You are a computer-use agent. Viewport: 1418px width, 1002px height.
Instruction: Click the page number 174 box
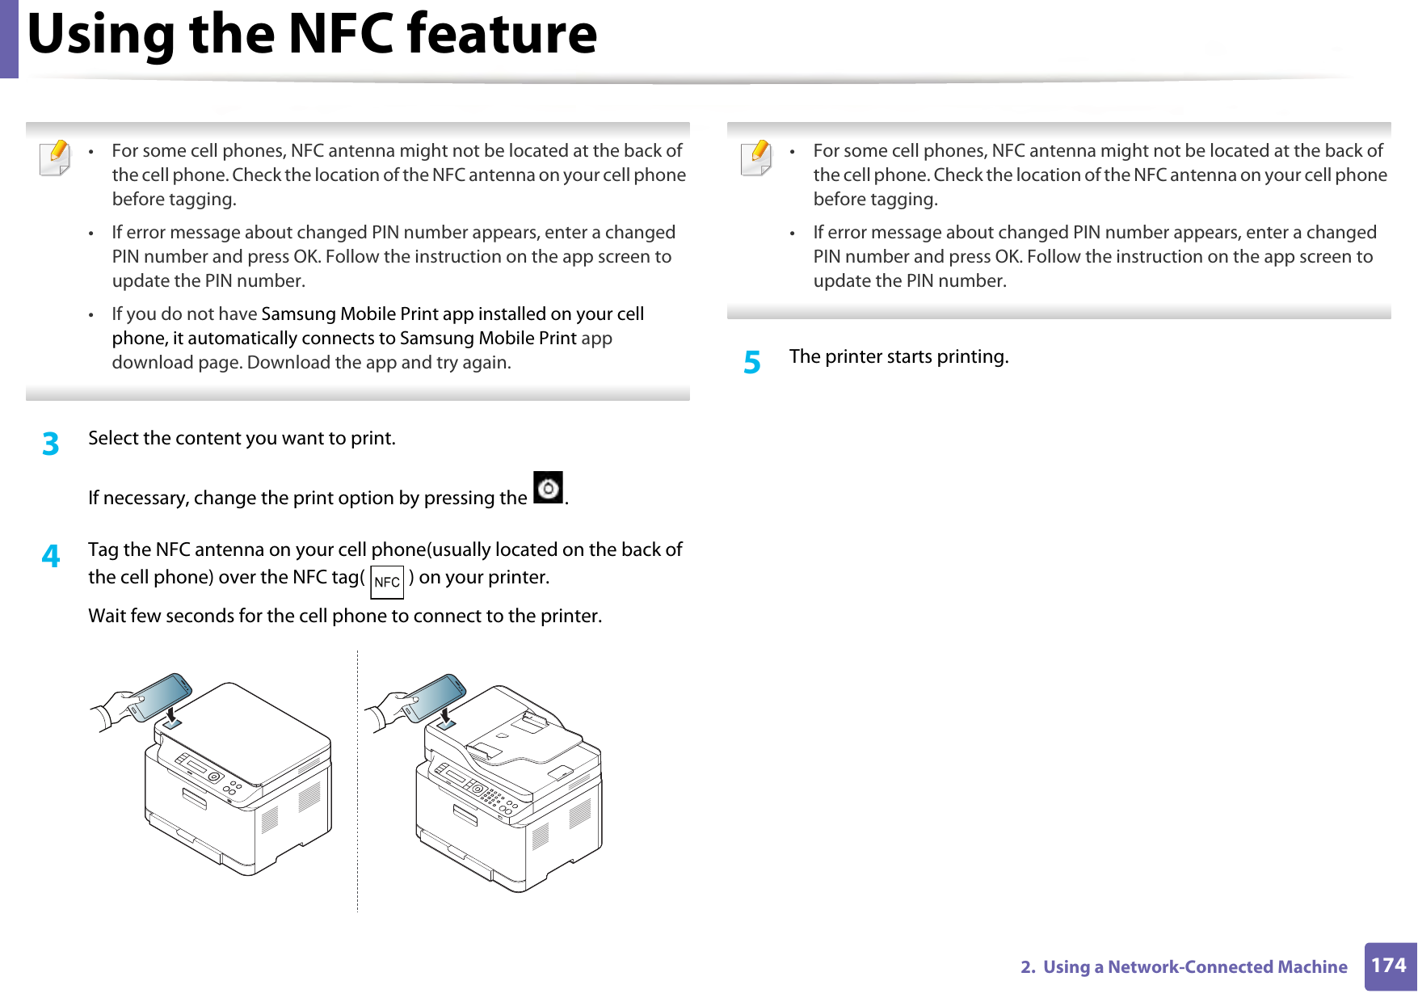[x=1389, y=966]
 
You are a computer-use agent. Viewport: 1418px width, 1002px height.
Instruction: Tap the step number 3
[x=51, y=444]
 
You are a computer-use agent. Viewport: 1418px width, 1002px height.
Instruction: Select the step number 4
[x=51, y=556]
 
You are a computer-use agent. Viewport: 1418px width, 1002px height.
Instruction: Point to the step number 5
[x=752, y=363]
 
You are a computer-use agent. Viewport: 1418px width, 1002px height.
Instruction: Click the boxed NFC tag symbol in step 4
[x=387, y=583]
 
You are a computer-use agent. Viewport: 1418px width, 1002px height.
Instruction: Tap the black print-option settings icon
[x=549, y=488]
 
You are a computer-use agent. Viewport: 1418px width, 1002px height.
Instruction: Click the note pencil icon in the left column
[x=54, y=158]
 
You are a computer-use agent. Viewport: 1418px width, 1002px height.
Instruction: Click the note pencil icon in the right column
[x=755, y=158]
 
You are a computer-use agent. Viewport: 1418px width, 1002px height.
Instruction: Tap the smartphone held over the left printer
[x=160, y=696]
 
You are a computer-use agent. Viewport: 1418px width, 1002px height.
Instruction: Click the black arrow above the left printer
[x=171, y=714]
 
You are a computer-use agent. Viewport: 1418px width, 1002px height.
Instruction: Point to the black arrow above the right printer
[x=445, y=714]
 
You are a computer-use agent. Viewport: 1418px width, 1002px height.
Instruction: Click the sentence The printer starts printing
[x=898, y=357]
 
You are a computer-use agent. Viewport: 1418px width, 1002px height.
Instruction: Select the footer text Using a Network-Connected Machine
[x=1194, y=967]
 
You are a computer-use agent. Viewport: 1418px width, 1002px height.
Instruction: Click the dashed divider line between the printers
[x=357, y=780]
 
